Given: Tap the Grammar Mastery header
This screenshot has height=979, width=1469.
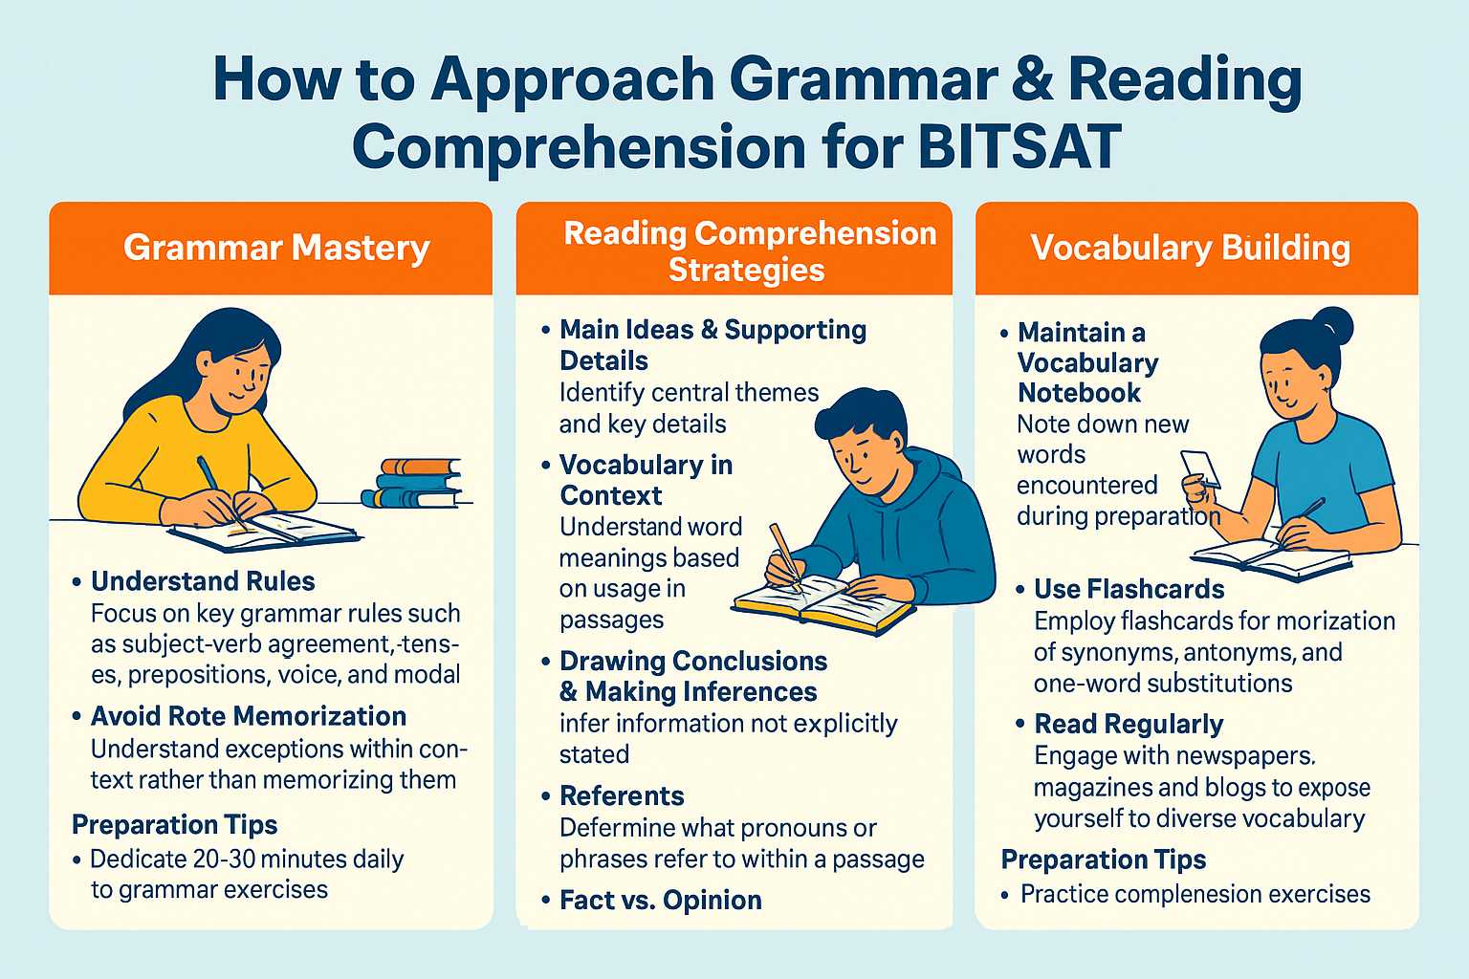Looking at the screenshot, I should pyautogui.click(x=276, y=248).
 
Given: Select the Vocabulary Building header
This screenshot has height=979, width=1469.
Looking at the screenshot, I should pyautogui.click(x=1191, y=248).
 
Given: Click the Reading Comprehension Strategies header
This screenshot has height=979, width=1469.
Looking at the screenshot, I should pyautogui.click(x=749, y=250).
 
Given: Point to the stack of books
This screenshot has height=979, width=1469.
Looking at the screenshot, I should pyautogui.click(x=412, y=483).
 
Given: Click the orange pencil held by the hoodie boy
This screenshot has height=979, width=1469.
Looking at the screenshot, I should pyautogui.click(x=785, y=552).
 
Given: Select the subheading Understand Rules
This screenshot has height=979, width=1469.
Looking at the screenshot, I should pyautogui.click(x=203, y=581).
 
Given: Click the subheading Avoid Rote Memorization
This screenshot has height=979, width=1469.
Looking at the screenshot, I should pyautogui.click(x=249, y=716).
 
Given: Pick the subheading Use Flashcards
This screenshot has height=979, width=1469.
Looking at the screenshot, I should pyautogui.click(x=1129, y=589).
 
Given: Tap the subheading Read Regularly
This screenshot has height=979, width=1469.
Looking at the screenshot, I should pyautogui.click(x=1129, y=724).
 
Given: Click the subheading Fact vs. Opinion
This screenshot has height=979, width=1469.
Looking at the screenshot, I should pyautogui.click(x=661, y=900).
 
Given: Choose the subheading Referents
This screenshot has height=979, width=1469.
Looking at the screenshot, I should pyautogui.click(x=622, y=795).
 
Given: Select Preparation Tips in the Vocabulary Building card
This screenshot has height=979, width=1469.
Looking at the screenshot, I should pyautogui.click(x=1104, y=859).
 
